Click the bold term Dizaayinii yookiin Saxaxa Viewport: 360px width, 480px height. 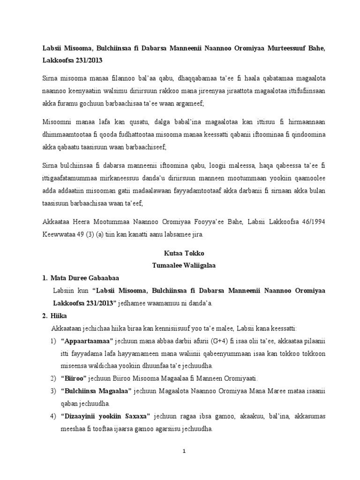pyautogui.click(x=105, y=416)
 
